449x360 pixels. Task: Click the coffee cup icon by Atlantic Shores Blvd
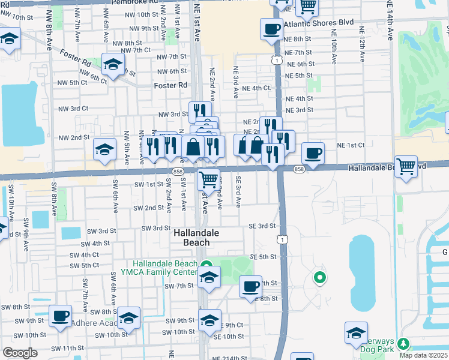click(271, 28)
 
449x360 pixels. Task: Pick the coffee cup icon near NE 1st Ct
click(313, 153)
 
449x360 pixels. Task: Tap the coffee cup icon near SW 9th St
click(59, 316)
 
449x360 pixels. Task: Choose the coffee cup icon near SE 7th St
click(250, 286)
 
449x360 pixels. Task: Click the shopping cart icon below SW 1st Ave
click(208, 178)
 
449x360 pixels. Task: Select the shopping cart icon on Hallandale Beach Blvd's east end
click(406, 166)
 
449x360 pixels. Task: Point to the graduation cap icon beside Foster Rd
click(112, 64)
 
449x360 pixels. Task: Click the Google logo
click(19, 353)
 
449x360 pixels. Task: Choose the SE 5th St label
click(262, 257)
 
